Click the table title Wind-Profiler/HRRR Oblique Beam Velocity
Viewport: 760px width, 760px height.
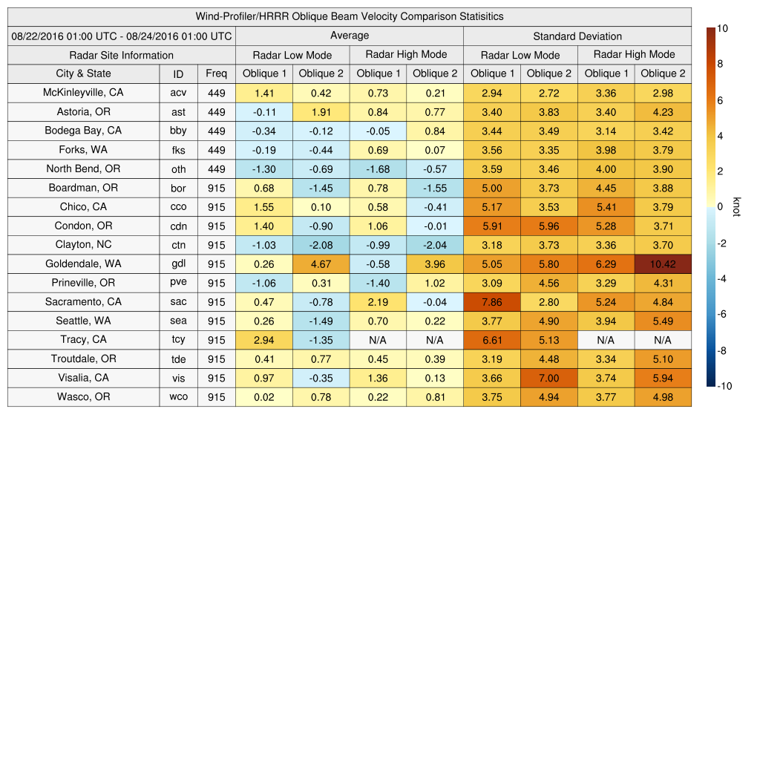point(350,16)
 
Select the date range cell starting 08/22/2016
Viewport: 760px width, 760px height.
point(122,36)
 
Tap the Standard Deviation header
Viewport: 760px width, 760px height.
point(577,36)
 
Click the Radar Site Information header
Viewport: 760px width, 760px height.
point(122,55)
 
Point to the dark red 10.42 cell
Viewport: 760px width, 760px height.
point(663,263)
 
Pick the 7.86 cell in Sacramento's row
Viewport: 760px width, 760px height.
point(492,302)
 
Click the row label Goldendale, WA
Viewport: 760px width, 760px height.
point(83,263)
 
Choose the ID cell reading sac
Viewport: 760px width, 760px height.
point(178,302)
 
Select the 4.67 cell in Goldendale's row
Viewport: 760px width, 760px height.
point(321,263)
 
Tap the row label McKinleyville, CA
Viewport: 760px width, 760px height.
point(83,93)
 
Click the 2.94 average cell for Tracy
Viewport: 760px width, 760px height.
point(264,340)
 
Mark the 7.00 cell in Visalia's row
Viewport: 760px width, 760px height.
point(549,378)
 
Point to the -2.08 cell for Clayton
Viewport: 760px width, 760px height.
point(321,245)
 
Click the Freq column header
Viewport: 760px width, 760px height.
point(217,73)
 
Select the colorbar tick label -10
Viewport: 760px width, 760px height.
point(725,386)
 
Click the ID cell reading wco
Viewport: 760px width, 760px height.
point(178,397)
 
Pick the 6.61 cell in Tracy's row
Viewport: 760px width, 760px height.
point(492,340)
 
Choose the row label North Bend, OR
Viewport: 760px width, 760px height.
point(83,168)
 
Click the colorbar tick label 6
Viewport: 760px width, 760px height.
point(721,100)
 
